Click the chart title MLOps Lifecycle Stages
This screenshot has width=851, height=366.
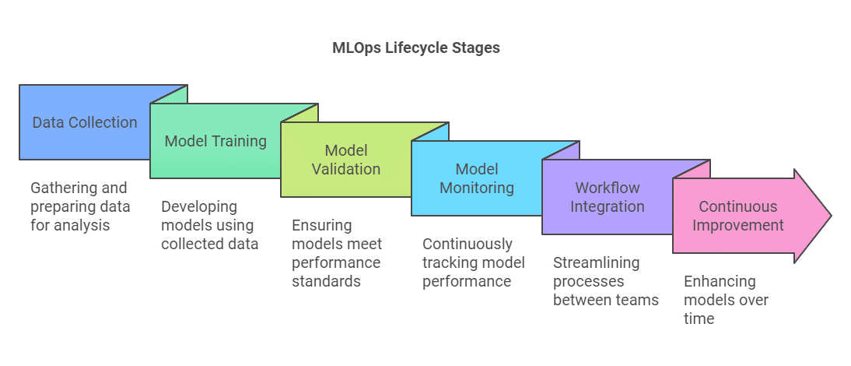pos(415,48)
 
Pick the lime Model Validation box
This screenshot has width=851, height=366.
pos(346,160)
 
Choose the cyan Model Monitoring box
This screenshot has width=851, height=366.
pos(477,178)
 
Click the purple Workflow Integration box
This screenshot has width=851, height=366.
pos(608,197)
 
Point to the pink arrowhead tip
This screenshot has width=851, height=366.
pos(832,216)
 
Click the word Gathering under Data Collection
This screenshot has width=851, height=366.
pos(64,188)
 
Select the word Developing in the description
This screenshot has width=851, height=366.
pos(199,207)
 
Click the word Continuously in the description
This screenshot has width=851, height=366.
pos(468,245)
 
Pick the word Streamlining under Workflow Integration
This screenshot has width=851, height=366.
pos(597,263)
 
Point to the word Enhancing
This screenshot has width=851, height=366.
pos(720,282)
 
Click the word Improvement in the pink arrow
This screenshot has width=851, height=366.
pos(737,225)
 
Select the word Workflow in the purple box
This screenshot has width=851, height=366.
pos(608,188)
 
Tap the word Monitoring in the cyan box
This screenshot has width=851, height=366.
pos(477,188)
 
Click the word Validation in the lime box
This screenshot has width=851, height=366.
pos(346,169)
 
